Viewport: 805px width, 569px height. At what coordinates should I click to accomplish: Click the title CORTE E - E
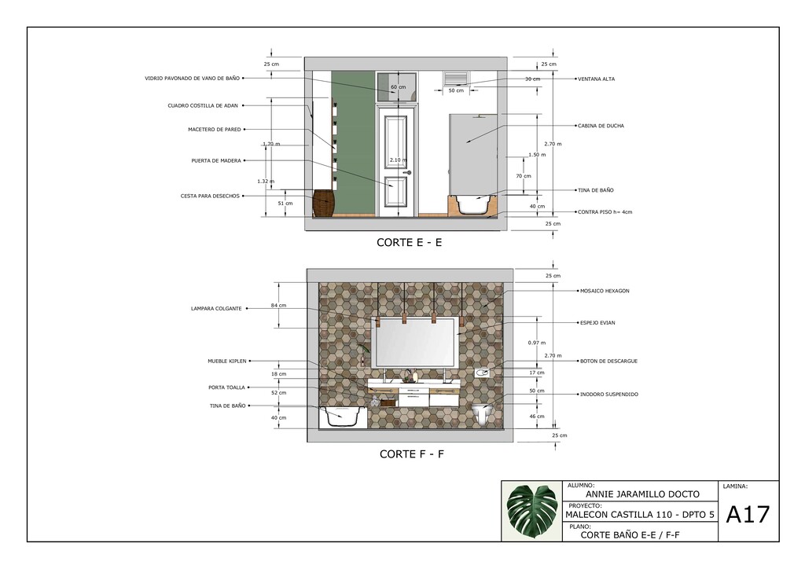click(x=409, y=243)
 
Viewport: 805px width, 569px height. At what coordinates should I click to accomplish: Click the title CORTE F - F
click(x=412, y=454)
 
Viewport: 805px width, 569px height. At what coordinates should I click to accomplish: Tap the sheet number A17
click(x=748, y=515)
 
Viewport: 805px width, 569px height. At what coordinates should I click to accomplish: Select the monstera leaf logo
click(x=532, y=511)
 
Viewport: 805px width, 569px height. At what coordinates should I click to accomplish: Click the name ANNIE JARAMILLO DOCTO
click(x=642, y=494)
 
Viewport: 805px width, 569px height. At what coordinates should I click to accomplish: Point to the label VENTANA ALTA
click(x=596, y=79)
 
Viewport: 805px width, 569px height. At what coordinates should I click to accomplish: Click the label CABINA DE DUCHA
click(x=601, y=126)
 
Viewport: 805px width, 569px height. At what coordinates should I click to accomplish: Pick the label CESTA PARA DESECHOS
click(x=210, y=196)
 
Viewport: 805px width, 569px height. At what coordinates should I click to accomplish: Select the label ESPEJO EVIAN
click(x=597, y=323)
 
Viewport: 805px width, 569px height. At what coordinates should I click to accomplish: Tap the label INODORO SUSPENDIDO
click(x=609, y=395)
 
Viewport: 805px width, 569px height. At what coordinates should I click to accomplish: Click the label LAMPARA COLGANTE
click(x=216, y=309)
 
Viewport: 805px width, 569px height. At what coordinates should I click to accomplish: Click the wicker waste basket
click(x=323, y=204)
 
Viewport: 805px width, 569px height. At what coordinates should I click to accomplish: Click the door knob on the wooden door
click(x=408, y=173)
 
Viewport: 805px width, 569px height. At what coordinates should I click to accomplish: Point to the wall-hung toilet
click(x=482, y=413)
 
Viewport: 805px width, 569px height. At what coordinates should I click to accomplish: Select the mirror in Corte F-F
click(x=415, y=342)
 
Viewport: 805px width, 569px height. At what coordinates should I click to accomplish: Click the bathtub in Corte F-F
click(x=343, y=417)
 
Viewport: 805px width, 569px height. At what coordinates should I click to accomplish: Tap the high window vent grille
click(x=456, y=78)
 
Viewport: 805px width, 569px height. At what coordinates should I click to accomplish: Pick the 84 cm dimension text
click(x=279, y=306)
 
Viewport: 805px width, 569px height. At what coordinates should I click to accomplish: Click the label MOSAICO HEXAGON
click(x=605, y=291)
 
